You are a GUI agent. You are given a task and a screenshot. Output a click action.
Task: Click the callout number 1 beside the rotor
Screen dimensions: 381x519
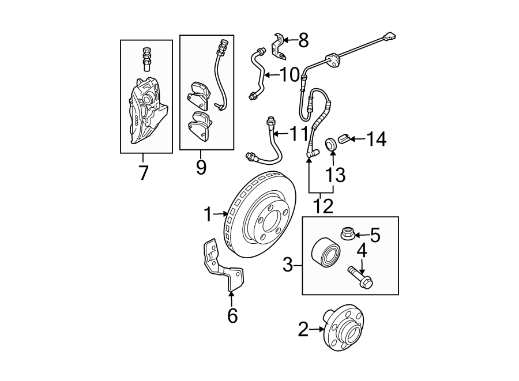coord(208,215)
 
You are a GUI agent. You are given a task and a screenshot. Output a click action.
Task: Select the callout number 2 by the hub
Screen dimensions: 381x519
coord(304,330)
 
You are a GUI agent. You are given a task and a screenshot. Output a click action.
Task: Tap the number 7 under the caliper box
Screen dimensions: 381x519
coord(143,171)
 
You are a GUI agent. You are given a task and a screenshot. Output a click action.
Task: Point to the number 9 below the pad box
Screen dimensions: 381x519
coord(201,168)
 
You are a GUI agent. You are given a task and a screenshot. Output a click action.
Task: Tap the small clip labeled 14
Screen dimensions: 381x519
coord(344,139)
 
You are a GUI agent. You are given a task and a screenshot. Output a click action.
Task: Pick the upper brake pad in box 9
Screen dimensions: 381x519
coord(198,94)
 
